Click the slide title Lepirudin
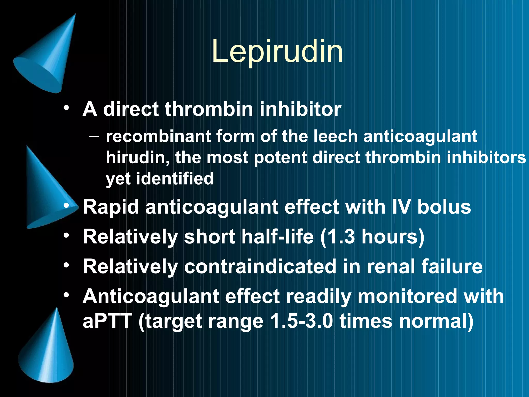pos(277,52)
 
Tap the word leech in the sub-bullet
pos(335,136)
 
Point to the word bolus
pos(444,207)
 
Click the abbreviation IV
pos(401,207)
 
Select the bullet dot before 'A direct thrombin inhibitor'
pos(67,108)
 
